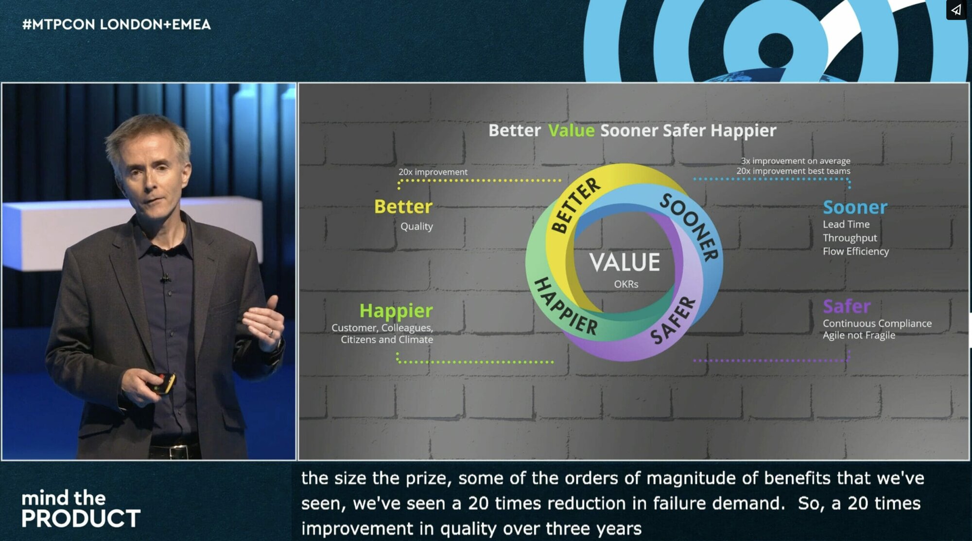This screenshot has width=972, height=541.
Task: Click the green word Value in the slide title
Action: (x=571, y=130)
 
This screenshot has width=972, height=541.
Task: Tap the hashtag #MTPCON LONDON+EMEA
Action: (x=116, y=24)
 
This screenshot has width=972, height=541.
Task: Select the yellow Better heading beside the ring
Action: (x=403, y=207)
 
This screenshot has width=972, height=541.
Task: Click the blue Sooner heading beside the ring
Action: (x=855, y=208)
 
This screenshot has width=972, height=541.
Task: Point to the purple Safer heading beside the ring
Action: (x=847, y=306)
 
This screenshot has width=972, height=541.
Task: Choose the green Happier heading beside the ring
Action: (x=396, y=311)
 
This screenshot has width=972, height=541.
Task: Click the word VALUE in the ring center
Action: (x=625, y=262)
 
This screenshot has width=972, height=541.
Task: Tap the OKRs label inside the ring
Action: (x=626, y=284)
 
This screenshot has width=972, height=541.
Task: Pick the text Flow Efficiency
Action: (x=856, y=251)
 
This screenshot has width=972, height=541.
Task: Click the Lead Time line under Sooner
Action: (x=846, y=224)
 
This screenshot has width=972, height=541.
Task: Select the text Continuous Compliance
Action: (x=877, y=323)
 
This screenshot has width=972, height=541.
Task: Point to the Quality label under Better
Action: (x=417, y=227)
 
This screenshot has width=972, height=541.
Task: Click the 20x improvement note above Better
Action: (x=433, y=172)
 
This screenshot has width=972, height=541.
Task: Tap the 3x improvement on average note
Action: (x=796, y=161)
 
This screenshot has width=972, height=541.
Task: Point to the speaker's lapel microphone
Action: (x=166, y=278)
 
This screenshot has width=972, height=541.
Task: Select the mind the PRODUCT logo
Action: (x=81, y=509)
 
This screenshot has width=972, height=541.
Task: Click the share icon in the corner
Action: (x=956, y=10)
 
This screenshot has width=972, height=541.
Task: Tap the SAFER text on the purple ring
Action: (x=674, y=321)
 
